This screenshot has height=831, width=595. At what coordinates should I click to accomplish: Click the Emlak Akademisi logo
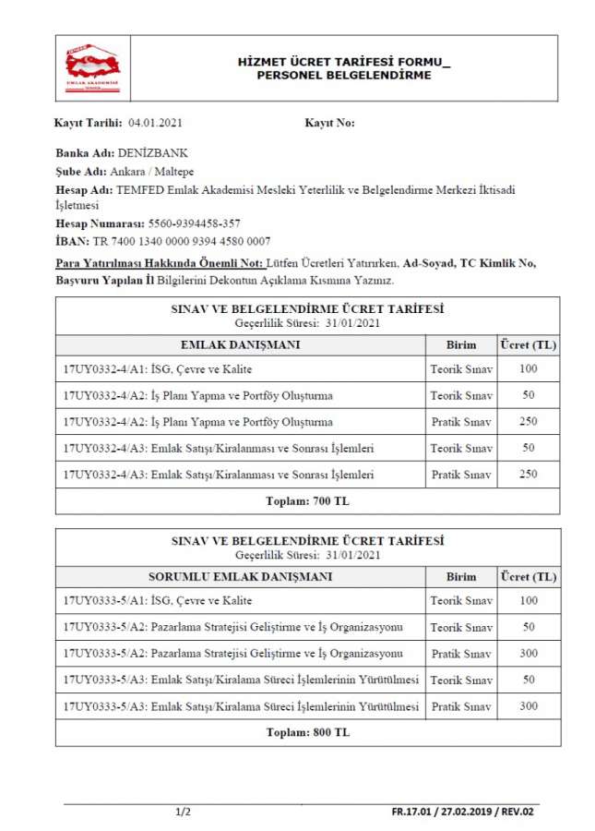coord(93,67)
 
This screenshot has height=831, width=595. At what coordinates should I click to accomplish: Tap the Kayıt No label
coord(329,123)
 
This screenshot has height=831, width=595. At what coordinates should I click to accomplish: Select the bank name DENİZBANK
coord(153,153)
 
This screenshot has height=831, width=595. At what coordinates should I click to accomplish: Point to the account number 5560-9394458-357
coord(194,224)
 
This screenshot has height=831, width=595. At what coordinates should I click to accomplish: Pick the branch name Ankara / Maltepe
coord(150,171)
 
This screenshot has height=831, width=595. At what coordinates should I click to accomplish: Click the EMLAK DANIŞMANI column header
coord(239,345)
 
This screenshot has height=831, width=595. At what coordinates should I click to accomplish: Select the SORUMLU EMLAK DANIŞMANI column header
coord(240,577)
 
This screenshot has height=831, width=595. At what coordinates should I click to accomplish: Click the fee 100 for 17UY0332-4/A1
coord(528,369)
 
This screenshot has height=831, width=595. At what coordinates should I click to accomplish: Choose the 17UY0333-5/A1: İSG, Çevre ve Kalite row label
coord(158,601)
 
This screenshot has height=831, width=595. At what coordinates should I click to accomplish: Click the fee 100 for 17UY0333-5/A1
coord(528,601)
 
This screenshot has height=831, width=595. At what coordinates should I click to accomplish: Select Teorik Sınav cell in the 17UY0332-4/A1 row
coord(460,369)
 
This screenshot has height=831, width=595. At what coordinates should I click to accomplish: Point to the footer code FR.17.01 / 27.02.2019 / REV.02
coord(462,813)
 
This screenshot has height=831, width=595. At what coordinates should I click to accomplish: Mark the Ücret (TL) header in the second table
coord(528,577)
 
